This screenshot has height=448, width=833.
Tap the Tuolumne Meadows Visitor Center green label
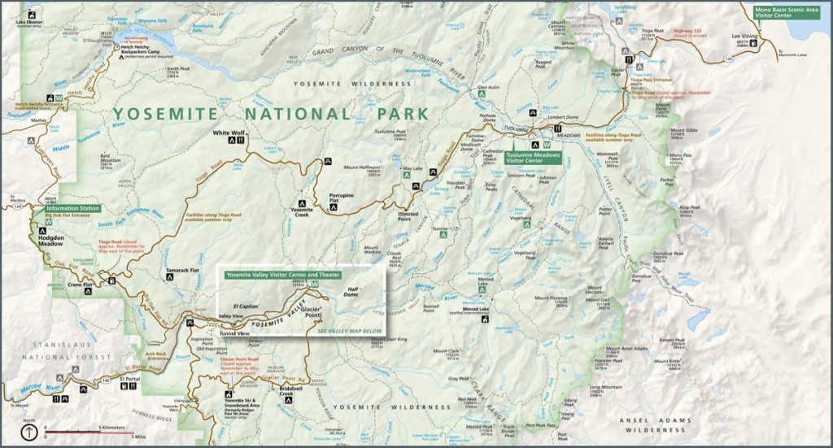pyautogui.click(x=534, y=157)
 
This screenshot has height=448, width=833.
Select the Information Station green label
pyautogui.click(x=72, y=208)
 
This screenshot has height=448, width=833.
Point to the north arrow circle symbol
pyautogui.click(x=29, y=433)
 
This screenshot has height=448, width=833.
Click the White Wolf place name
pyautogui.click(x=228, y=132)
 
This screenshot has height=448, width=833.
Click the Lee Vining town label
pyautogui.click(x=744, y=36)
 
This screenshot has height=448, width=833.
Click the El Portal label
pyautogui.click(x=130, y=379)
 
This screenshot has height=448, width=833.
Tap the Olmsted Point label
pyautogui.click(x=408, y=215)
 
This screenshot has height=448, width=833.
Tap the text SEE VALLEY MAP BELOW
pyautogui.click(x=349, y=331)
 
